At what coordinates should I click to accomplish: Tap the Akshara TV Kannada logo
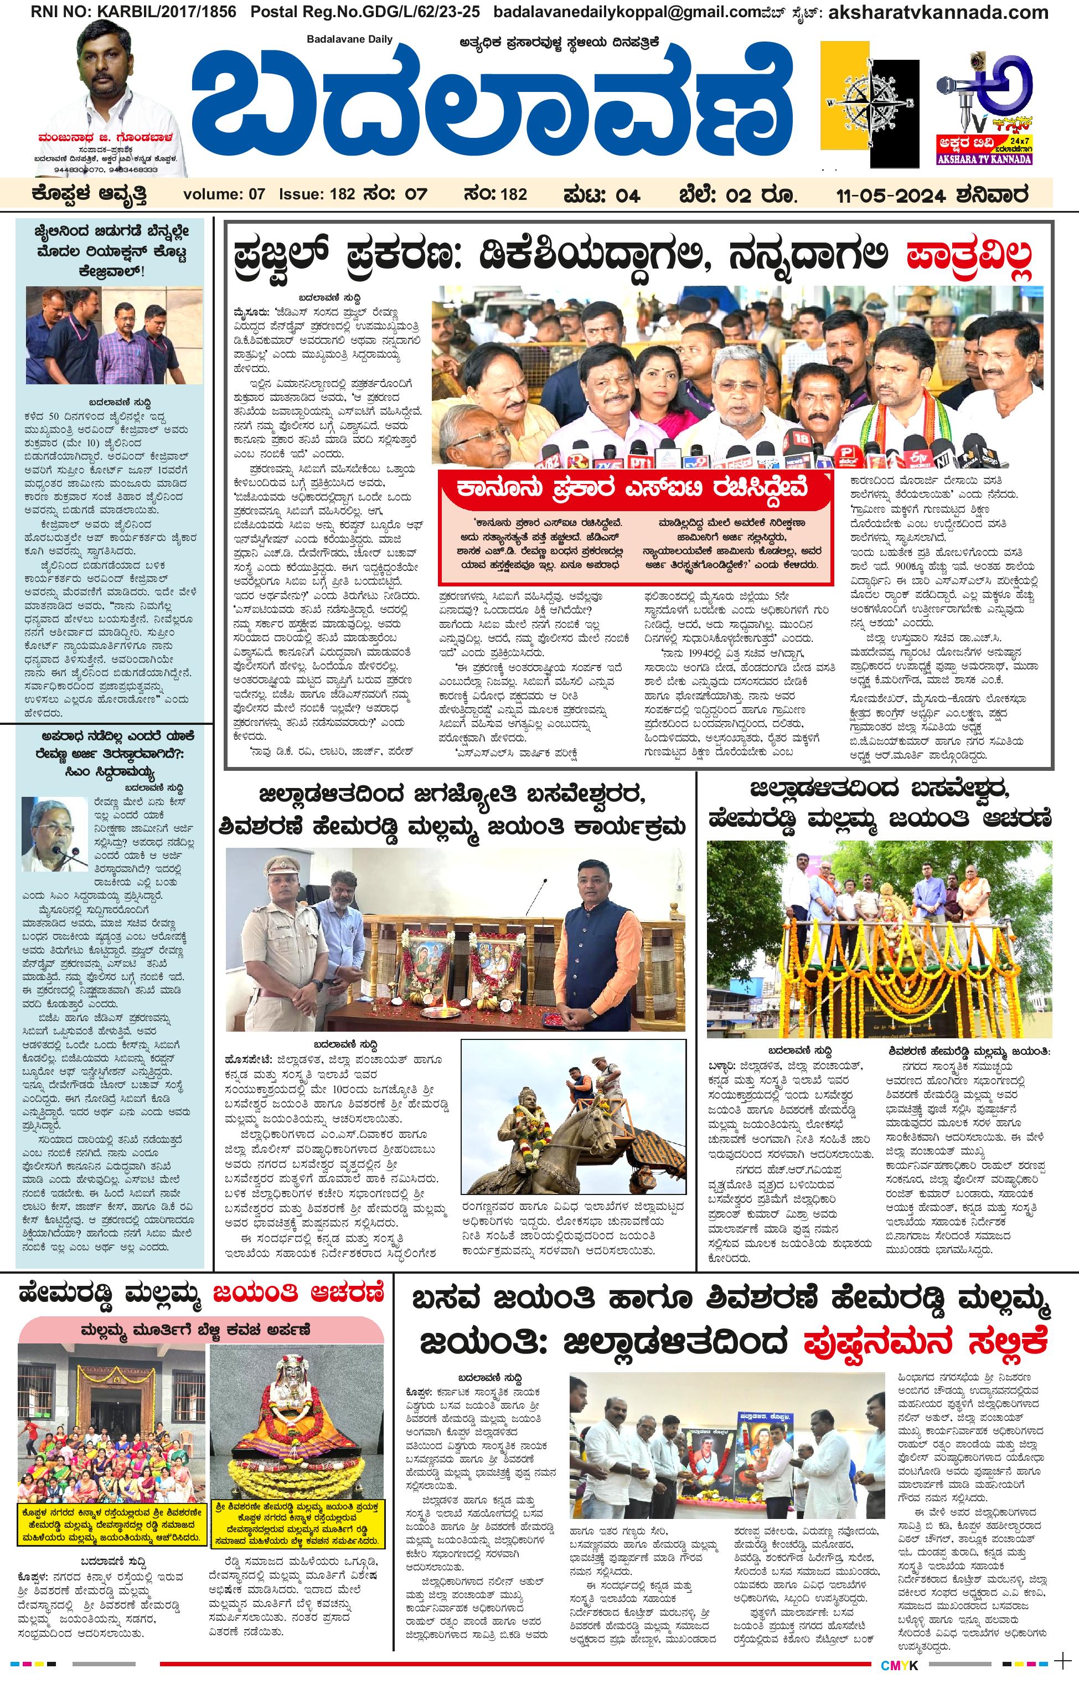(984, 112)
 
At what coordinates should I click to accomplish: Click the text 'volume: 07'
(224, 194)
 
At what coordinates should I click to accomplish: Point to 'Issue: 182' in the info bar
(317, 194)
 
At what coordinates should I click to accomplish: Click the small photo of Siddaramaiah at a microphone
(55, 834)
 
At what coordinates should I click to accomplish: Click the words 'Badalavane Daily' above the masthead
(350, 39)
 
